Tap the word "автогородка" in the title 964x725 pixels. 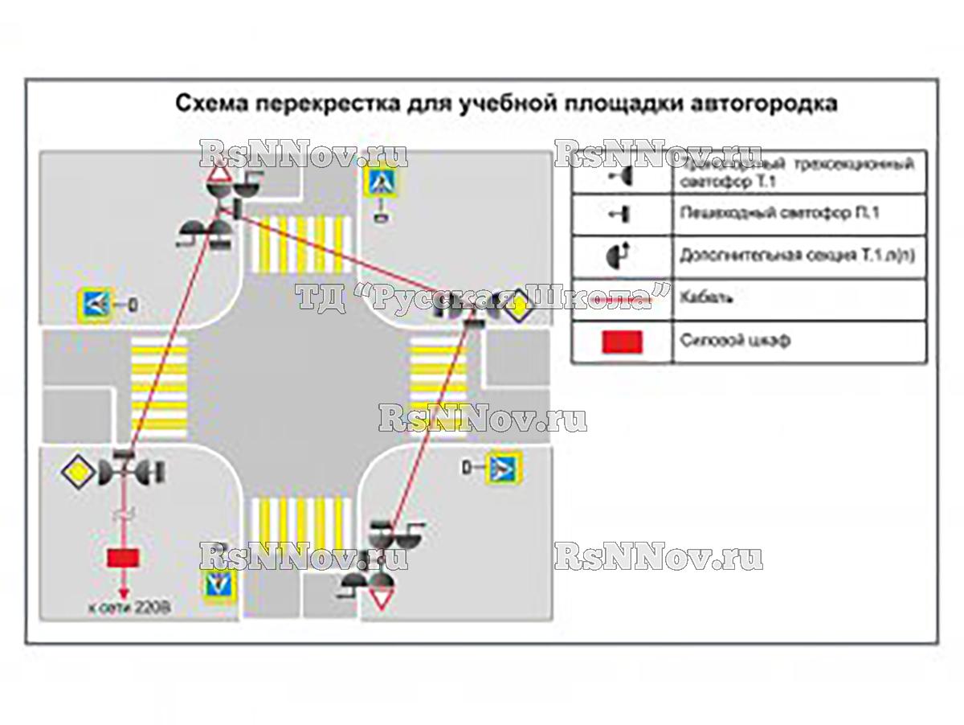coord(759,104)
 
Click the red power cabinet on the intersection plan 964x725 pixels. coord(123,557)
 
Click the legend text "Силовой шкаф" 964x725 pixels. coord(734,340)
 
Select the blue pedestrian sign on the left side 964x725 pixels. coord(93,304)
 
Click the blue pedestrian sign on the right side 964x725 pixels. coord(506,466)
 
